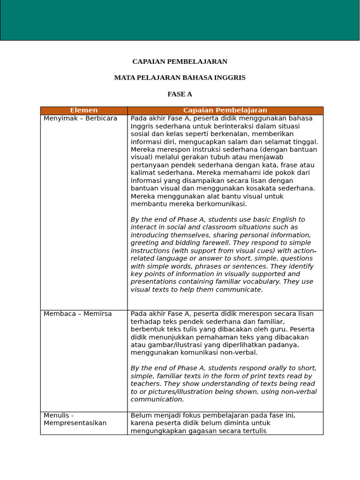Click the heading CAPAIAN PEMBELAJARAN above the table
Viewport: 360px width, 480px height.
(180, 61)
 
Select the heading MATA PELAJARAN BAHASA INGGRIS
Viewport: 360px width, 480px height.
(180, 78)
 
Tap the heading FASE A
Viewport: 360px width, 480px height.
(180, 94)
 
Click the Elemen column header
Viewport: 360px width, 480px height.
(84, 111)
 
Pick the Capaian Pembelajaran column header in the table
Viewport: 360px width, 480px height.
(225, 111)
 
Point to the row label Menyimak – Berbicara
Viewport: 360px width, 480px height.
(80, 119)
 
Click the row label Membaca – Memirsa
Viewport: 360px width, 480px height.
(78, 314)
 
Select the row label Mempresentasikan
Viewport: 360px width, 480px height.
(75, 423)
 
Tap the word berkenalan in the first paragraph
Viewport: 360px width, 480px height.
(249, 134)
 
